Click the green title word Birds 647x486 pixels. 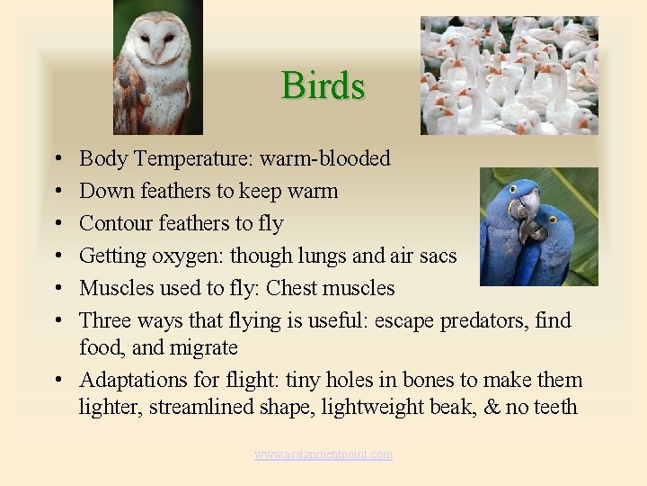click(x=323, y=86)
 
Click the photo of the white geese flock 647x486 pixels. click(x=509, y=76)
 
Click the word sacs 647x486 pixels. click(x=438, y=256)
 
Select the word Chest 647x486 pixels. click(x=292, y=288)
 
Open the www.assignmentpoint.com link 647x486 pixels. click(x=323, y=454)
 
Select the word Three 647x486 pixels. click(x=105, y=320)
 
